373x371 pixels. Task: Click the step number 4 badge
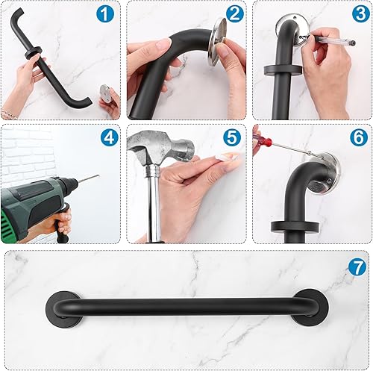tap(109, 137)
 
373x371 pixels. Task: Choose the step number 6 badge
tap(358, 137)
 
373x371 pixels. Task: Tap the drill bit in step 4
tap(87, 179)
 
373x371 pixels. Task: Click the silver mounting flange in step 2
tap(219, 41)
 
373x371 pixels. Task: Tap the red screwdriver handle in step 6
tap(258, 136)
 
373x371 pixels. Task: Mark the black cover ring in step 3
tap(283, 69)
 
